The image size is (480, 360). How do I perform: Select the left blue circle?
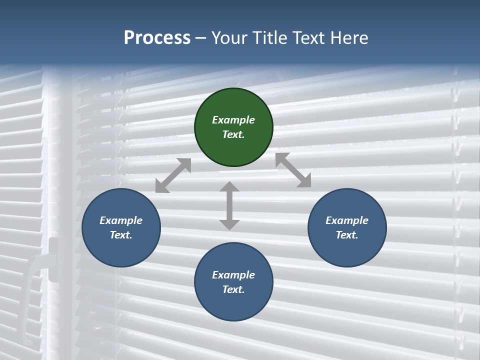121,227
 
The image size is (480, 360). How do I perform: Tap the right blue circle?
347,227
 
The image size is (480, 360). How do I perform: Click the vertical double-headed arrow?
229,206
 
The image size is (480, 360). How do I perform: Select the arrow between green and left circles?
173,175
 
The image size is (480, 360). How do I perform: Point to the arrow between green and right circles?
293,170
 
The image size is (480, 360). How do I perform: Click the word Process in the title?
157,37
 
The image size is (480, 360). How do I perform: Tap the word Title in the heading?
270,37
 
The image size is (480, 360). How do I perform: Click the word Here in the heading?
349,37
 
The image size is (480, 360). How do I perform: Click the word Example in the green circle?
233,120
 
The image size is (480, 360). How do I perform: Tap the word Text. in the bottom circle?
233,289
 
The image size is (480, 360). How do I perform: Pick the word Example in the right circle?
347,220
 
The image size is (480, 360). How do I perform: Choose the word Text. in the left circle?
121,235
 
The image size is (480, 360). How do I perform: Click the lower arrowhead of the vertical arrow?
229,224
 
